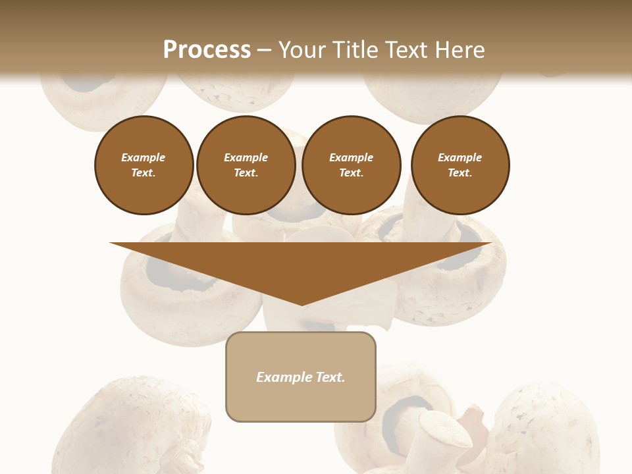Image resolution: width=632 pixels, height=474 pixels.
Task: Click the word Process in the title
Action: coord(207,49)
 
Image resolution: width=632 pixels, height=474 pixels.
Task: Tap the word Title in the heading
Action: coord(354,49)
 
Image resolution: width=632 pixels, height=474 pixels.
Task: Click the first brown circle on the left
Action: coord(144,165)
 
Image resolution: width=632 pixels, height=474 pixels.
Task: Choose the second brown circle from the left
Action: coord(246,165)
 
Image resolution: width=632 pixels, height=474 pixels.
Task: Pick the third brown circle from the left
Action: coord(352,165)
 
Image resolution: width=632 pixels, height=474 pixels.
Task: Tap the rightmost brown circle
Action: coord(460,165)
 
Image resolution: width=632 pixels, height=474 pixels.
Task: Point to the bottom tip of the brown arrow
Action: coord(302,304)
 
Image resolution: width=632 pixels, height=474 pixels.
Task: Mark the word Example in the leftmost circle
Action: coord(144,157)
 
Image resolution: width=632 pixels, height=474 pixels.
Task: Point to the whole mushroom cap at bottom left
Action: coord(132,425)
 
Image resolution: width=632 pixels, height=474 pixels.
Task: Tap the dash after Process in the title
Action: coord(264,50)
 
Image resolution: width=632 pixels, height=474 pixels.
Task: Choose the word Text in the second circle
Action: coord(245,173)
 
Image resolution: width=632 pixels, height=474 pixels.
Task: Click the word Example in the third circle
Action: coord(352,157)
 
